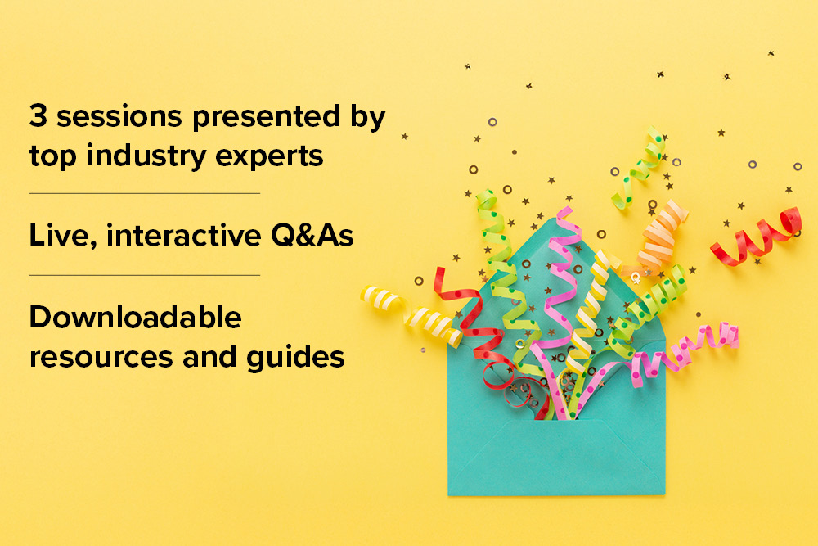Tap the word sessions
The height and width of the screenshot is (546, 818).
pos(119,116)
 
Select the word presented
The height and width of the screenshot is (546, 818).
pos(266,117)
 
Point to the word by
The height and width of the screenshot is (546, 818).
pos(368,117)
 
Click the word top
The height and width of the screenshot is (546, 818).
pos(52,156)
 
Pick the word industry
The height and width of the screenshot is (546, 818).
pos(146,156)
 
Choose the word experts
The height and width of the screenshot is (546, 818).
pos(269,156)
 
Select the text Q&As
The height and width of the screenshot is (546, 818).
pos(312,235)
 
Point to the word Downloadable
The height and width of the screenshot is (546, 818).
pos(136,317)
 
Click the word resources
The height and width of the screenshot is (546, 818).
pos(101,358)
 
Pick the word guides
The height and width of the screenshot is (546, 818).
pos(295,358)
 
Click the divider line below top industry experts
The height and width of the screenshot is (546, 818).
pos(145,194)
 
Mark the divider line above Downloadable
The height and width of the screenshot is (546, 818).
pos(145,275)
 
